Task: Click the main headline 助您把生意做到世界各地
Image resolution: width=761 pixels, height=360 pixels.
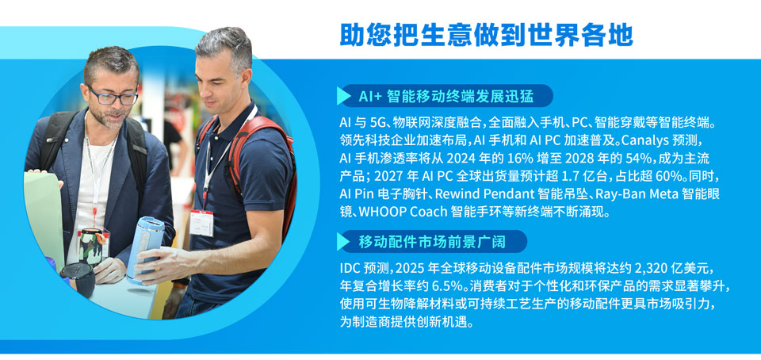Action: point(486,34)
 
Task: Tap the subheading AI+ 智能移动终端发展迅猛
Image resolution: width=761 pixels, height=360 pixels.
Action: point(446,97)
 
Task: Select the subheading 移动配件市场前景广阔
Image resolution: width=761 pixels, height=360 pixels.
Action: point(431,242)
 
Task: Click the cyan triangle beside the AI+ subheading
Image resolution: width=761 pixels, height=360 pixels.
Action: point(343,96)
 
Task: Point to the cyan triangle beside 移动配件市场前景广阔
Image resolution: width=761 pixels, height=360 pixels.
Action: point(343,241)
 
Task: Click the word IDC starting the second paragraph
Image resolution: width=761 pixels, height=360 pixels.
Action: point(350,268)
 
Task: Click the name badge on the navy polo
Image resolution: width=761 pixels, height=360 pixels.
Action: point(201,223)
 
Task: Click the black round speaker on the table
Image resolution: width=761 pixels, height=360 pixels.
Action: point(78,279)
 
